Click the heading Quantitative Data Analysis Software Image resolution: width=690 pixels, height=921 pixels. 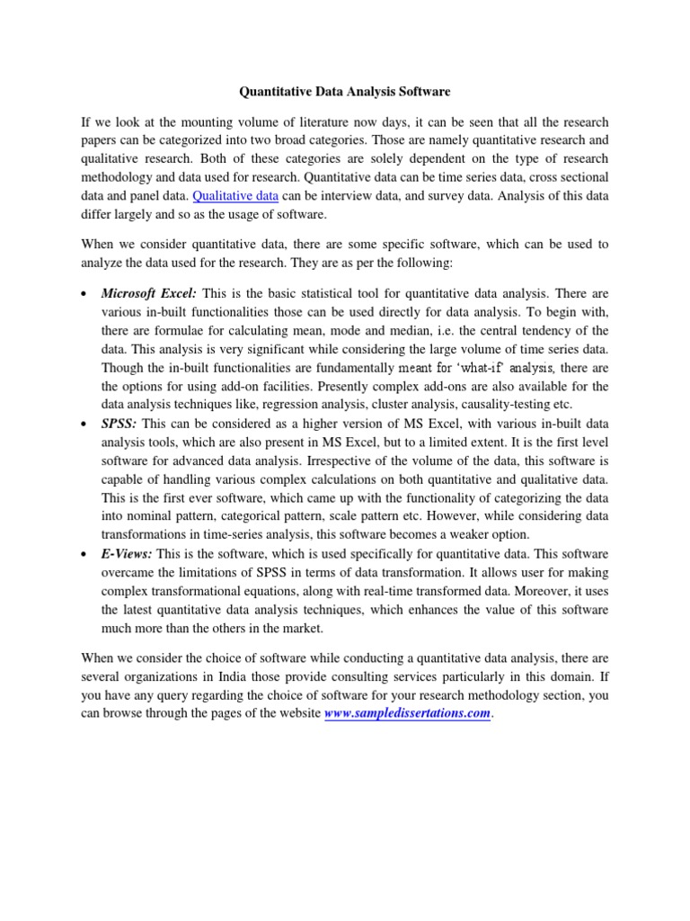point(344,92)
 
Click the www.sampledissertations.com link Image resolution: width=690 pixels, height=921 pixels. point(408,713)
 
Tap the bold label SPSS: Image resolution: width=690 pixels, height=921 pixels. point(119,422)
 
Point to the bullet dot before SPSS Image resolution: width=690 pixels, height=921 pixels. point(84,423)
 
